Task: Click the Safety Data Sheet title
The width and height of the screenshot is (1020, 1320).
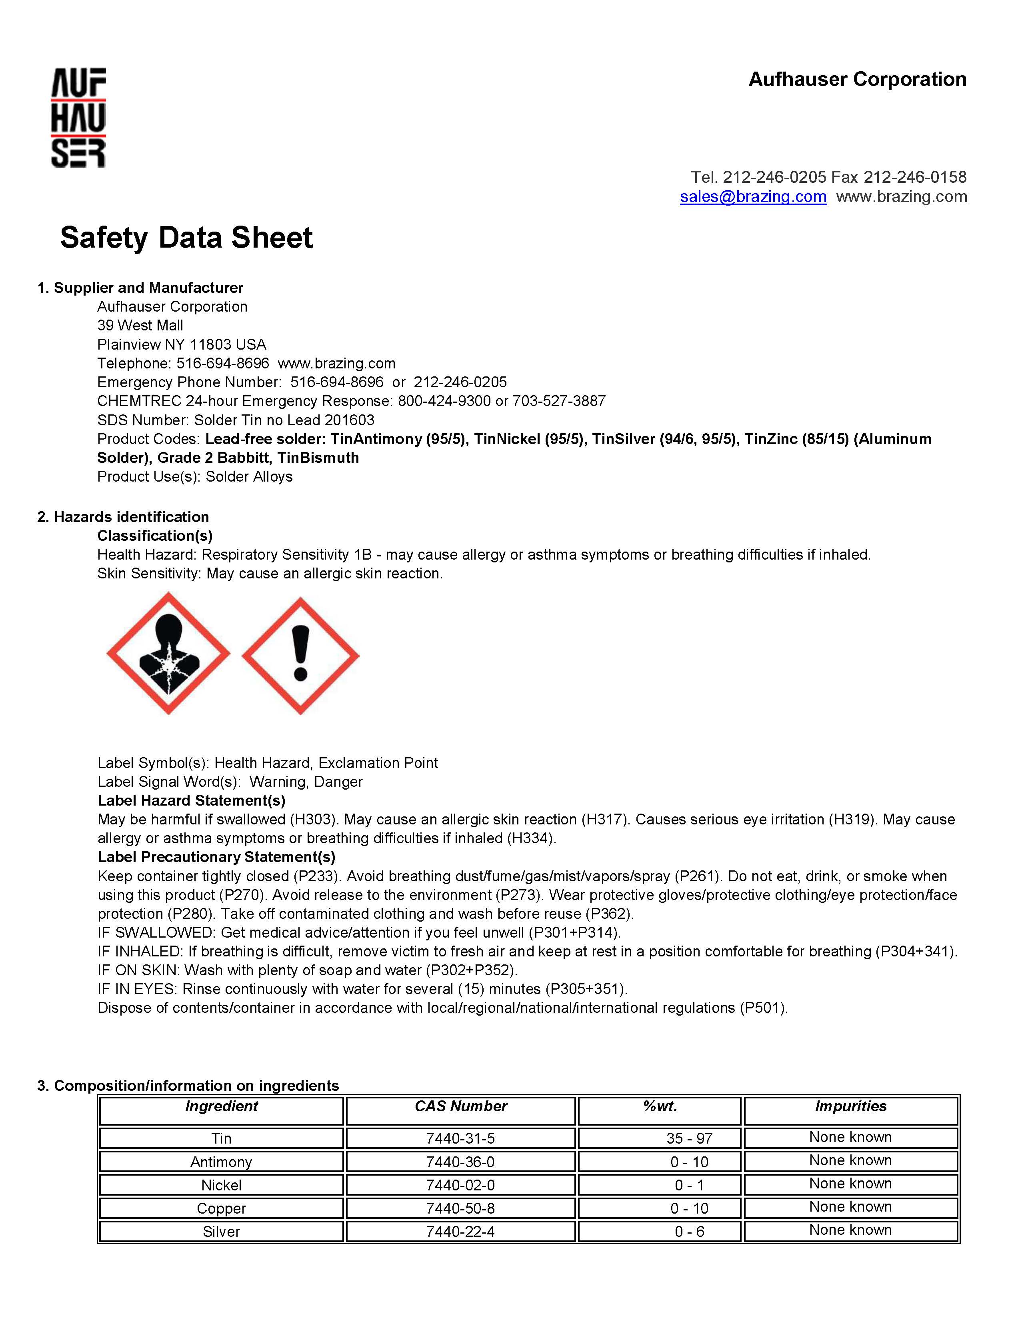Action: (186, 238)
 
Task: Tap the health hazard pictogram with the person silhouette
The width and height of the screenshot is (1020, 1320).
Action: (168, 653)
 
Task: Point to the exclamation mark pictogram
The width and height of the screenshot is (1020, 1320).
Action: (300, 656)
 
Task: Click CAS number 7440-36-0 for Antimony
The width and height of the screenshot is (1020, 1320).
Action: (460, 1162)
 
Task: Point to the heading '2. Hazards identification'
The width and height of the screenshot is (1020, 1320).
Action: (123, 517)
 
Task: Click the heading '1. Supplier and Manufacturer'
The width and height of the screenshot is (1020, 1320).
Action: (140, 288)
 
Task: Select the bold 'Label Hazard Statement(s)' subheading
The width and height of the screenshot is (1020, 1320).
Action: (192, 800)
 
